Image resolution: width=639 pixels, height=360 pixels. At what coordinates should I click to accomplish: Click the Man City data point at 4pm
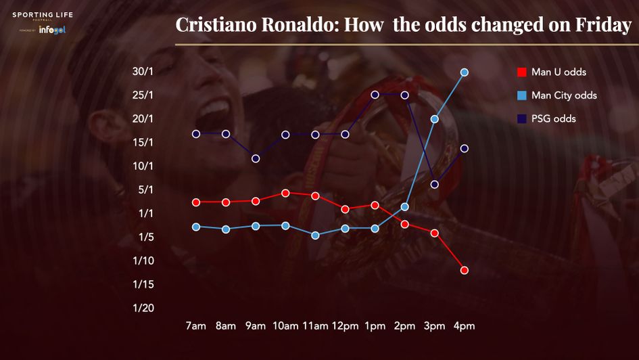tap(465, 72)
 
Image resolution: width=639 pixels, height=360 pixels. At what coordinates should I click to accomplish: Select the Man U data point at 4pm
tap(465, 270)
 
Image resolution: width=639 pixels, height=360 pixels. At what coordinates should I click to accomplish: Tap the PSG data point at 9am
tap(256, 158)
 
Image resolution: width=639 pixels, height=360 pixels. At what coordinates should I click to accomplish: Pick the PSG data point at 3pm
tap(435, 184)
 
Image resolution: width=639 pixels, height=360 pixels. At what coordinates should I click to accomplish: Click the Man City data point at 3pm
tap(435, 119)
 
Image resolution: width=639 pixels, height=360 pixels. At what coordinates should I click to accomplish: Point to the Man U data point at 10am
tap(285, 193)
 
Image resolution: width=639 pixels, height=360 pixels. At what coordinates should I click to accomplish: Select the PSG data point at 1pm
tap(375, 95)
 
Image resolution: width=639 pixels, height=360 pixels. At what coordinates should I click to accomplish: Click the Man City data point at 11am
tap(315, 235)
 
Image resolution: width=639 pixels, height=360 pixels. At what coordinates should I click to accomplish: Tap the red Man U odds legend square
tap(521, 72)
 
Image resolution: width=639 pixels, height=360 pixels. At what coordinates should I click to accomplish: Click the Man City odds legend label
tap(564, 95)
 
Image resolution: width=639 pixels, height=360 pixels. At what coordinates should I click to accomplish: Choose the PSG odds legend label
tap(554, 118)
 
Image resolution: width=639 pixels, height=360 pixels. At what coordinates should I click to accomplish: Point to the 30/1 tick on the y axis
tap(143, 72)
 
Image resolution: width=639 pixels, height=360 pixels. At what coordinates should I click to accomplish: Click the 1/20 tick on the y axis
tap(143, 308)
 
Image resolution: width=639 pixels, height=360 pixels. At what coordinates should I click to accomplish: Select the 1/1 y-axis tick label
tap(146, 213)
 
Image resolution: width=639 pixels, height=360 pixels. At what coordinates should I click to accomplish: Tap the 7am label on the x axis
tap(195, 326)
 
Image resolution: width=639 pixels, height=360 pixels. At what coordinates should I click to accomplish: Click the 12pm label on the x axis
tap(345, 326)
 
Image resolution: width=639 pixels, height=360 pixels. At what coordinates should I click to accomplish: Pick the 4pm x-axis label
tap(465, 326)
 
